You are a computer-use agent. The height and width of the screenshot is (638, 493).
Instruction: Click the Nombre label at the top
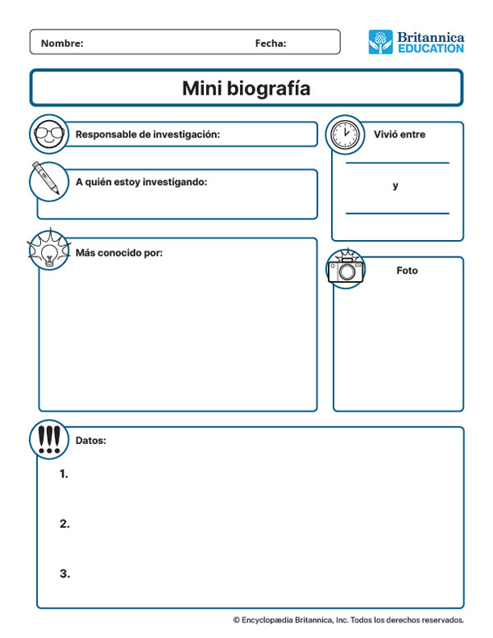click(62, 44)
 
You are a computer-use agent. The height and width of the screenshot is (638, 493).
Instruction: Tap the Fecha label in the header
click(270, 44)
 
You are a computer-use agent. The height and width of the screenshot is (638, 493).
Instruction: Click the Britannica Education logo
click(416, 42)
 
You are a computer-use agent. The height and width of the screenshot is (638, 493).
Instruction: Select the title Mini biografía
click(246, 89)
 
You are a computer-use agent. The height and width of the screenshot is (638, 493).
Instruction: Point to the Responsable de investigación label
click(147, 134)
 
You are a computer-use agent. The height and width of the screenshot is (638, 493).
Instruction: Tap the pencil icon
click(48, 180)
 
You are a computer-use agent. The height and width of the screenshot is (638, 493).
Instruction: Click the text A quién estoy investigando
click(141, 182)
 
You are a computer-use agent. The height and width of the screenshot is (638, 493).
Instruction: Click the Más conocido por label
click(119, 252)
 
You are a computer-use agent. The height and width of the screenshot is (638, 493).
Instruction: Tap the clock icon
click(345, 134)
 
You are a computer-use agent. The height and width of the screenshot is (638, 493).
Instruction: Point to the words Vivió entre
click(399, 134)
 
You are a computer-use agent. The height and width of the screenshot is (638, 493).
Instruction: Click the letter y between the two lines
click(395, 186)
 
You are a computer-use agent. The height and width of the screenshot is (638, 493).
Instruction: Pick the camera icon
click(346, 269)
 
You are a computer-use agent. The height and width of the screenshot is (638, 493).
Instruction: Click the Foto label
click(407, 270)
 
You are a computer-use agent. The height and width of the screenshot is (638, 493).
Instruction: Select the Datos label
click(90, 441)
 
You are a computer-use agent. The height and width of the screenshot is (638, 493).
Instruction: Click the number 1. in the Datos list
click(64, 474)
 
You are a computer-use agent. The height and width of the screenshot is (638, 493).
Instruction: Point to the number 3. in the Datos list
click(64, 574)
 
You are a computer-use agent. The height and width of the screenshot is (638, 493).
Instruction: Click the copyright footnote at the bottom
click(348, 620)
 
